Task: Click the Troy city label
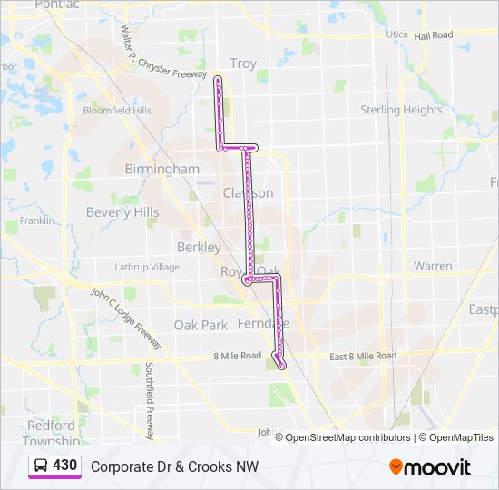[242, 64]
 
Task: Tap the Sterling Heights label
[401, 110]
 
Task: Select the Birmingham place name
[161, 169]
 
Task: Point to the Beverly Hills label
[122, 211]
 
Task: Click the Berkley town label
[199, 247]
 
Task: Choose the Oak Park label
[201, 325]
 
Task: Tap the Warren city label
[433, 266]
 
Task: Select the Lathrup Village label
[147, 267]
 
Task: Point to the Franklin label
[36, 220]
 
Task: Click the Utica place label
[398, 34]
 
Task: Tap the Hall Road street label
[433, 35]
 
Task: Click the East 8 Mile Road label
[362, 356]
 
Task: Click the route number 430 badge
[64, 465]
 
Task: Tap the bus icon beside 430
[41, 466]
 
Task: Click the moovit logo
[430, 466]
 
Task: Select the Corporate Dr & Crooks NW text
[174, 466]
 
